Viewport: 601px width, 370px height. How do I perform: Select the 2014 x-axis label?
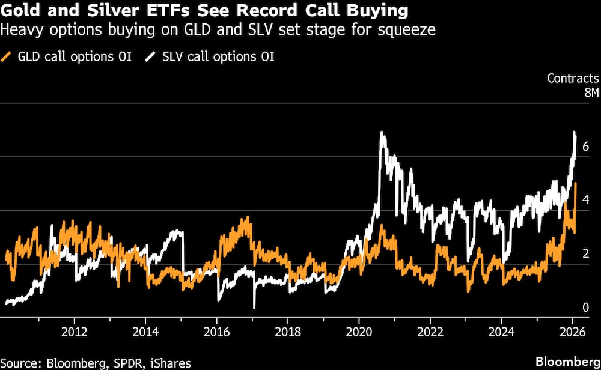tap(145, 331)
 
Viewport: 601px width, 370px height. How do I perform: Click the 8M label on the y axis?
tap(591, 92)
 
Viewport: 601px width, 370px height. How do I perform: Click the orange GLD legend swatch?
tap(8, 57)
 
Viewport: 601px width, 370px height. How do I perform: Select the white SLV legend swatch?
tap(150, 57)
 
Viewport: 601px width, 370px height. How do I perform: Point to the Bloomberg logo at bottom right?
tap(567, 362)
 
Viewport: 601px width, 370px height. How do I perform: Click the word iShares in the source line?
tap(171, 362)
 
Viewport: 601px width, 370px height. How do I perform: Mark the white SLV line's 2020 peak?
tap(382, 133)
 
